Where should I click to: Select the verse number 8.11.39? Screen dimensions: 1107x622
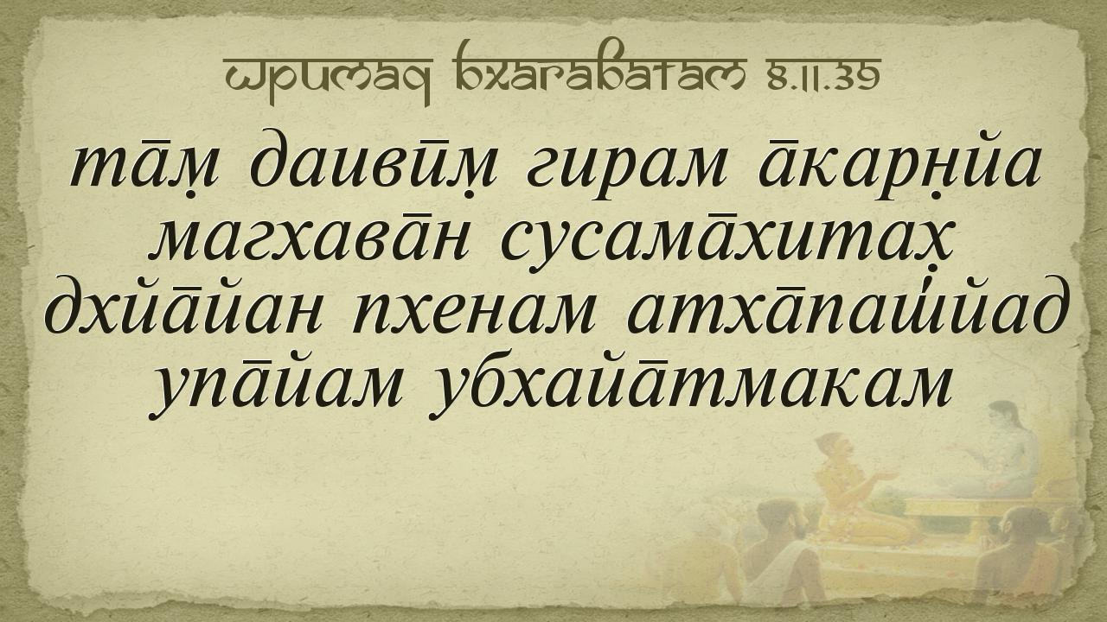tap(824, 79)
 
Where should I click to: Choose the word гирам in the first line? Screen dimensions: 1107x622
tap(625, 168)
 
